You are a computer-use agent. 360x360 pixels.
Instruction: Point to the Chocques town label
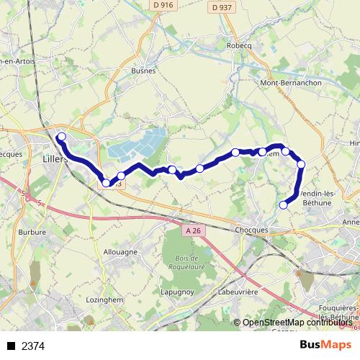[251, 230]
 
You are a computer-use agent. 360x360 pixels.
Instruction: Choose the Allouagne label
[120, 252]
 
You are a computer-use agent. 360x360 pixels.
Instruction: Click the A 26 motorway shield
[192, 230]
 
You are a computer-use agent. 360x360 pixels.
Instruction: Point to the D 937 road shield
[222, 8]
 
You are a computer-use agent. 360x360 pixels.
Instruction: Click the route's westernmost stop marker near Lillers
[62, 136]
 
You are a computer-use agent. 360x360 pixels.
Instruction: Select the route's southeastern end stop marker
[283, 204]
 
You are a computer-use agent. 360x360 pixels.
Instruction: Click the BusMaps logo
[325, 345]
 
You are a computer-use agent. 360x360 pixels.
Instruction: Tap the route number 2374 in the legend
[33, 346]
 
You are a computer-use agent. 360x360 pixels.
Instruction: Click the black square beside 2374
[11, 346]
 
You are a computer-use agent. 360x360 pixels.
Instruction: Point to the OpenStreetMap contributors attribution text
[297, 323]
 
